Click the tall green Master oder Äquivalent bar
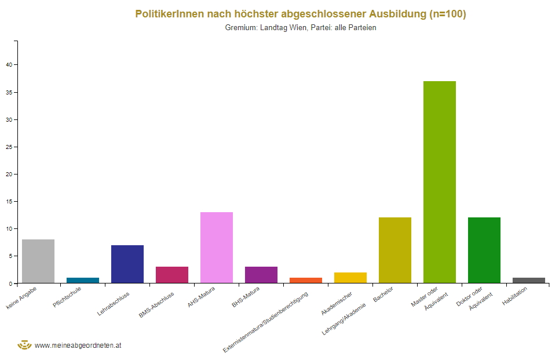[x=439, y=182]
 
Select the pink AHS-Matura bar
[x=217, y=248]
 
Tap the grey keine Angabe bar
[x=38, y=261]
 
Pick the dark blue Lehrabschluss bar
[x=127, y=264]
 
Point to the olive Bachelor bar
[x=394, y=250]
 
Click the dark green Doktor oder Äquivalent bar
[x=484, y=250]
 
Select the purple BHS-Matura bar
[x=261, y=275]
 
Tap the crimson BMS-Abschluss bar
[x=172, y=275]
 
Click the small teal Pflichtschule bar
[x=83, y=281]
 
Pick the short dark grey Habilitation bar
[x=528, y=281]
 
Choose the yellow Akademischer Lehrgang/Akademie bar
[x=350, y=278]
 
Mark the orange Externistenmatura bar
[x=306, y=281]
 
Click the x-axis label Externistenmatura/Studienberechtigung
[x=266, y=322]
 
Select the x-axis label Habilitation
[x=515, y=301]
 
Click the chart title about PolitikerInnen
[x=301, y=14]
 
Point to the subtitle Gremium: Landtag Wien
[x=301, y=28]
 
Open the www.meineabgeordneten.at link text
[x=78, y=345]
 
